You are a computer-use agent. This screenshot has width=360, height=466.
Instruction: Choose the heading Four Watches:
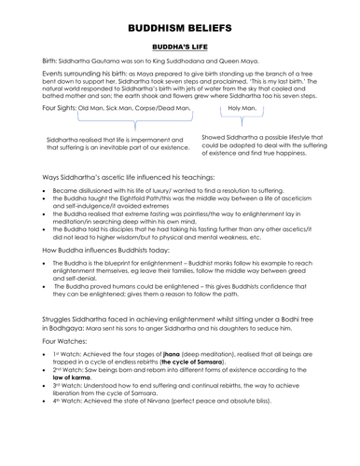42,355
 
